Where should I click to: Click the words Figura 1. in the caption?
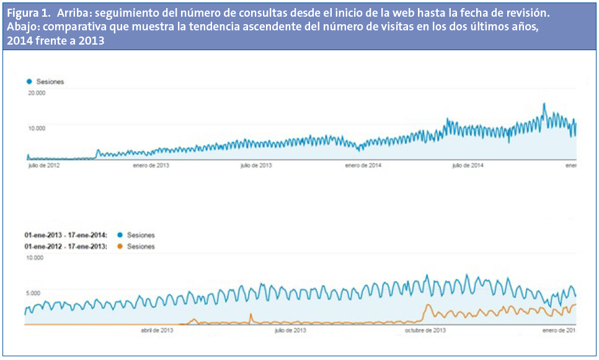28,13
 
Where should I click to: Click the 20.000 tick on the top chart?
37,93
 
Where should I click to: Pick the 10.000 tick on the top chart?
37,128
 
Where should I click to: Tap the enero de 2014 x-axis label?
362,166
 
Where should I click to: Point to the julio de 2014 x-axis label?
468,166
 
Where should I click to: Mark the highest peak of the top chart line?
544,103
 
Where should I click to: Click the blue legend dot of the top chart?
29,82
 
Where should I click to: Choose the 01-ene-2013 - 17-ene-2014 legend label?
66,235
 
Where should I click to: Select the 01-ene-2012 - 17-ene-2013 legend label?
66,247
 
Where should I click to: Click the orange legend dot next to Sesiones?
120,247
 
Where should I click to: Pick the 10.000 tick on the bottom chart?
33,258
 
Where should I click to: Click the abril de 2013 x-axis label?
157,330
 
